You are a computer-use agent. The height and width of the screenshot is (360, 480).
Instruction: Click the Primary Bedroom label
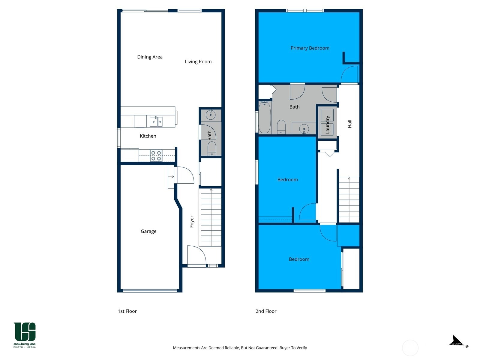[310, 48]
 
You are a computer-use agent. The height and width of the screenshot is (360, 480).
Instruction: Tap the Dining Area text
[150, 57]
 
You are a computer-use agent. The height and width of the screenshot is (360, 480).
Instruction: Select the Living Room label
[198, 61]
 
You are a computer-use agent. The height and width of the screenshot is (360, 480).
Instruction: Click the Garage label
[148, 231]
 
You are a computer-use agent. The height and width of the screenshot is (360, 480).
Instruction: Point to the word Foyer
[192, 222]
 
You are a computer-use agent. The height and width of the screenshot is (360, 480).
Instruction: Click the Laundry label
[327, 124]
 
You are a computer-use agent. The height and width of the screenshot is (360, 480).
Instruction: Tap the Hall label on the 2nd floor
[349, 124]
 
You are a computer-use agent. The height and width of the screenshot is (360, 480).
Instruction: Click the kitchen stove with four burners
[156, 155]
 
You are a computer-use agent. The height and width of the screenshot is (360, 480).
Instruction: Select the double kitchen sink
[156, 121]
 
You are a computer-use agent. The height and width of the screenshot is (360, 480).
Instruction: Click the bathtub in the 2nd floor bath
[265, 118]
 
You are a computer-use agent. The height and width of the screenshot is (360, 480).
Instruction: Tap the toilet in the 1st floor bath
[211, 148]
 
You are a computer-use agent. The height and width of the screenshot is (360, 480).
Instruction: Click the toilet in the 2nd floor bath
[281, 127]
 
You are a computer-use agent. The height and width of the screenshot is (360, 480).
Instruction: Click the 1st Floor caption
[127, 311]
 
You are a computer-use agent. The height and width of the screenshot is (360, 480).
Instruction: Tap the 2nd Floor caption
[266, 311]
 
